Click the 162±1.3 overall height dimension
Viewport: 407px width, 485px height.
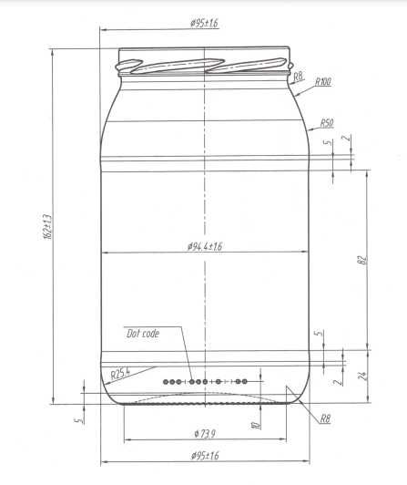[46, 228]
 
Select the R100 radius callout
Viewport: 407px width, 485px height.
[322, 82]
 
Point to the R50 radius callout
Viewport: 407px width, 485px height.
[325, 122]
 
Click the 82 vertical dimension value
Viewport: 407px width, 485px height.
[361, 262]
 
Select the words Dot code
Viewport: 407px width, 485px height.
[143, 334]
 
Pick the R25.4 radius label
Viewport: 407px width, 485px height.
[121, 372]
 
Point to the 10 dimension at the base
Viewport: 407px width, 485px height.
[257, 425]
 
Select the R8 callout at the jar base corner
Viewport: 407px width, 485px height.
[325, 418]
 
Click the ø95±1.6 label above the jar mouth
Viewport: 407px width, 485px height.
[204, 22]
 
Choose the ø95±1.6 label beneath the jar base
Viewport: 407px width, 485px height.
[204, 456]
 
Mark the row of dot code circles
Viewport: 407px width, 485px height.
[205, 380]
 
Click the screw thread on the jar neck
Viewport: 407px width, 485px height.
[206, 65]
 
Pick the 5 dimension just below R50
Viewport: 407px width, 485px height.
[327, 142]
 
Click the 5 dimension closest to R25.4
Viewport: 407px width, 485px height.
[78, 420]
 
